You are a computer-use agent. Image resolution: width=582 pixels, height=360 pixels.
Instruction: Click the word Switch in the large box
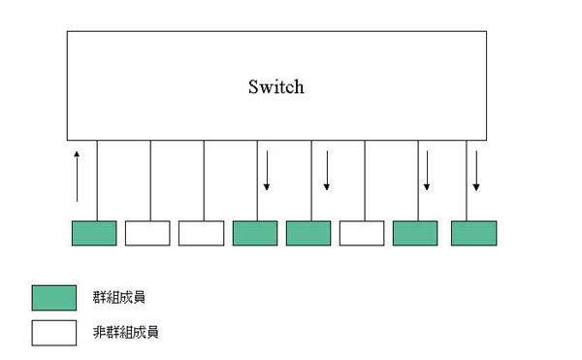(x=276, y=86)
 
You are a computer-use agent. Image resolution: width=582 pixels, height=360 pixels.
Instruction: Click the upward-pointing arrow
(x=77, y=177)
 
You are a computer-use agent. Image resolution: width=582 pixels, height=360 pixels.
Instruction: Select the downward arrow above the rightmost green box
(x=476, y=171)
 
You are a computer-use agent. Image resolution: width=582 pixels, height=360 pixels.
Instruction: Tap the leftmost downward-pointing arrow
(x=267, y=171)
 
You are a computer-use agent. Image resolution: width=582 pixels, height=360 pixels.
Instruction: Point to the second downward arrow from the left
(x=327, y=171)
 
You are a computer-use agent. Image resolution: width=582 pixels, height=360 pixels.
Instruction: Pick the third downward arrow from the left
(x=427, y=171)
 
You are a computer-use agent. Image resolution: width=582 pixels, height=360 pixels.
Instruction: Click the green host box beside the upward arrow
(x=94, y=233)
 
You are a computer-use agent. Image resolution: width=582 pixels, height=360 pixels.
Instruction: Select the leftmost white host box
(x=147, y=233)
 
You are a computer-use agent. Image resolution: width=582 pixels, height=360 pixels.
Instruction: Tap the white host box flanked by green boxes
(x=362, y=233)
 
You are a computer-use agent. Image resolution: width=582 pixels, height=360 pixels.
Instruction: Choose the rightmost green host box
(x=474, y=233)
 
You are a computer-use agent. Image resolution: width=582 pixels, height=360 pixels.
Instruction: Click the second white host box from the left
(x=201, y=233)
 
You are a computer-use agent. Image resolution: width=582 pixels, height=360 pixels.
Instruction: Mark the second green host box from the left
(x=255, y=233)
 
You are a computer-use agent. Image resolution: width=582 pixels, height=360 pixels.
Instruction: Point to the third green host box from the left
(x=308, y=233)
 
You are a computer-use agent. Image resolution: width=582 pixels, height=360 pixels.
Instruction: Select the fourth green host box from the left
(x=415, y=233)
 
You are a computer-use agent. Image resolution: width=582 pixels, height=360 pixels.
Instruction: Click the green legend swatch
(x=54, y=298)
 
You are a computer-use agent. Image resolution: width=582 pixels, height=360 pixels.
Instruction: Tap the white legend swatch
(x=54, y=333)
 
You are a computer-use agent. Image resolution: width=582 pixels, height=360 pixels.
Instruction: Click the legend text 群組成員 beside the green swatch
(x=118, y=297)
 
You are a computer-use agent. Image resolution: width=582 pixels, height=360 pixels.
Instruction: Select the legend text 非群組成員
(x=125, y=332)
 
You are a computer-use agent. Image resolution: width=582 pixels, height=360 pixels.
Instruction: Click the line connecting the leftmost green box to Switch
(x=97, y=180)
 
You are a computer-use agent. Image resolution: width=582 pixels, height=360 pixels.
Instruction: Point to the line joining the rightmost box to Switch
(x=467, y=180)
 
